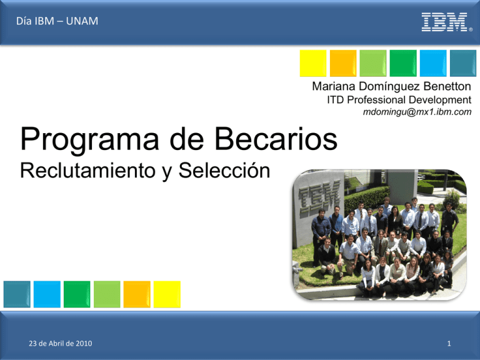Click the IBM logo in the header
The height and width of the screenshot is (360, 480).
click(x=444, y=22)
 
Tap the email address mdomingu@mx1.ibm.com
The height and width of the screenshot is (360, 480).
click(x=417, y=112)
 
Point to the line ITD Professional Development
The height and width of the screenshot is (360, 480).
click(x=399, y=100)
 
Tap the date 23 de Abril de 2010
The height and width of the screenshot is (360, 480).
click(x=57, y=342)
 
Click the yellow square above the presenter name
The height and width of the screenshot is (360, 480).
click(x=312, y=63)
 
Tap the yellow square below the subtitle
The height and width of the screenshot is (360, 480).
click(x=167, y=294)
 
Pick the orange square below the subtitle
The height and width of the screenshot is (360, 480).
click(x=137, y=294)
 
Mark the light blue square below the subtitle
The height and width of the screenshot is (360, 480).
click(x=47, y=294)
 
